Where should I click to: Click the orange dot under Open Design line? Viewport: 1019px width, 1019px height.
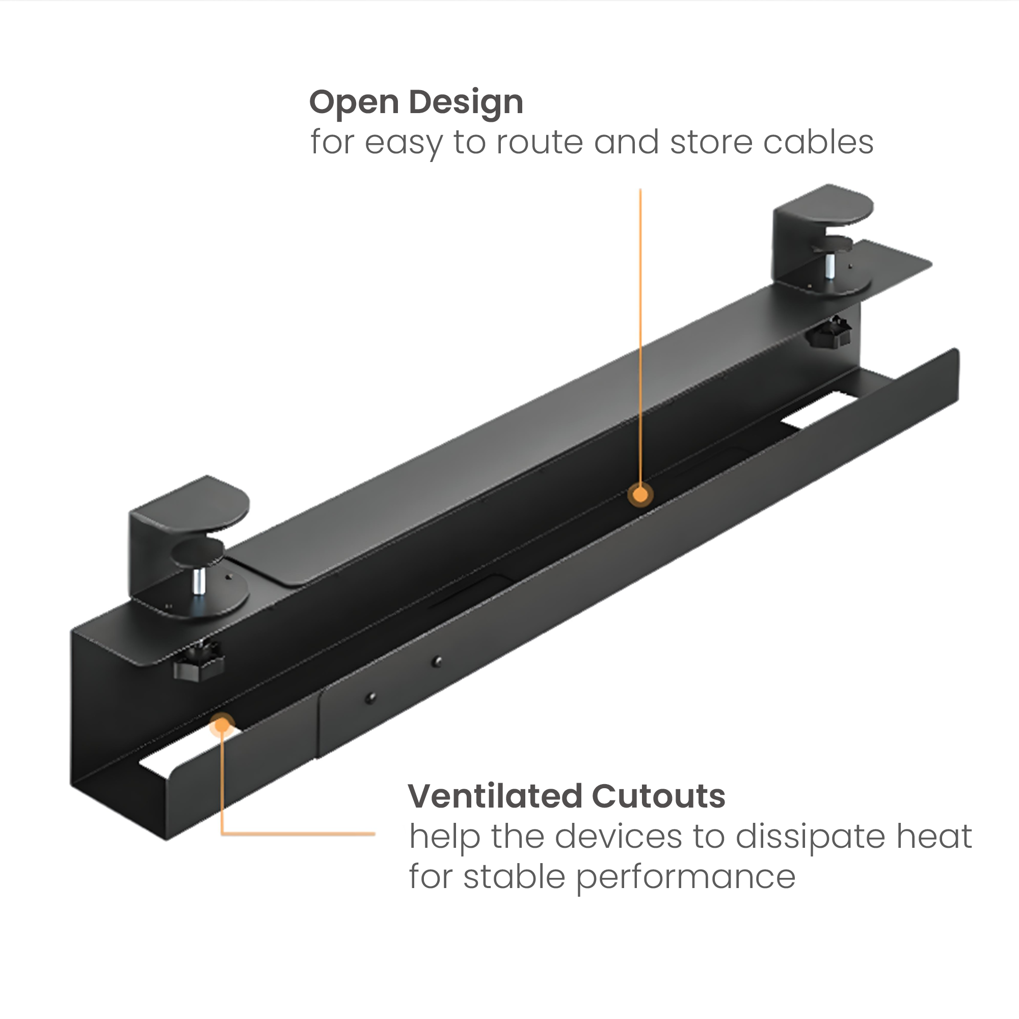click(640, 495)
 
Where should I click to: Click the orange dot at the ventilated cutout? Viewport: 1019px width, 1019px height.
click(222, 725)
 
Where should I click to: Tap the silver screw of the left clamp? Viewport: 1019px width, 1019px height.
click(199, 581)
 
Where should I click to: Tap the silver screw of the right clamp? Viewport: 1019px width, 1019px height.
click(830, 266)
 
